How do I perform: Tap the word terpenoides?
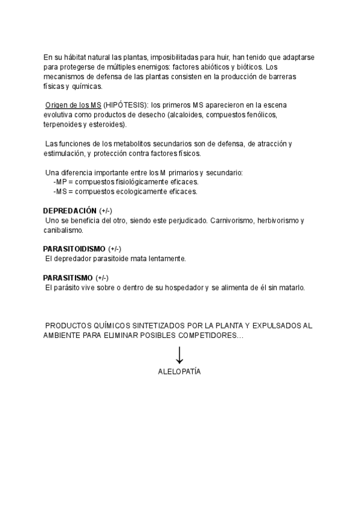(x=63, y=125)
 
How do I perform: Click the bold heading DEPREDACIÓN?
(x=70, y=211)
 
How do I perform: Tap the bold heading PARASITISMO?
(x=68, y=278)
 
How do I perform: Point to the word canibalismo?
(x=62, y=230)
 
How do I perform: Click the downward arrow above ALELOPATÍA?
(x=179, y=354)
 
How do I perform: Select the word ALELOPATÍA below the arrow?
(x=179, y=372)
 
